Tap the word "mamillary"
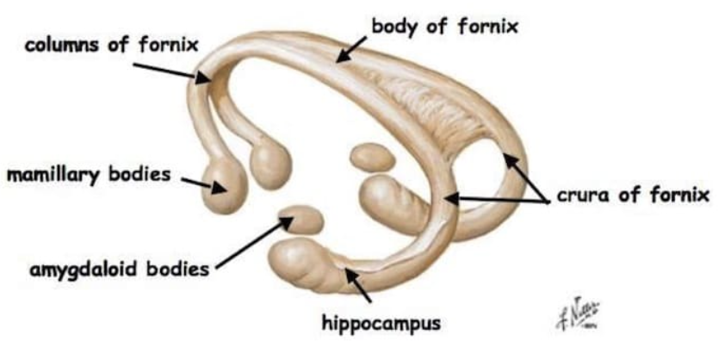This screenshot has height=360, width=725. pos(51,176)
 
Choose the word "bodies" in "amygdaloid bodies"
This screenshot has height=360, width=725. pos(177,270)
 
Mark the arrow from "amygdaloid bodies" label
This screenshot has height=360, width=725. pos(251,240)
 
